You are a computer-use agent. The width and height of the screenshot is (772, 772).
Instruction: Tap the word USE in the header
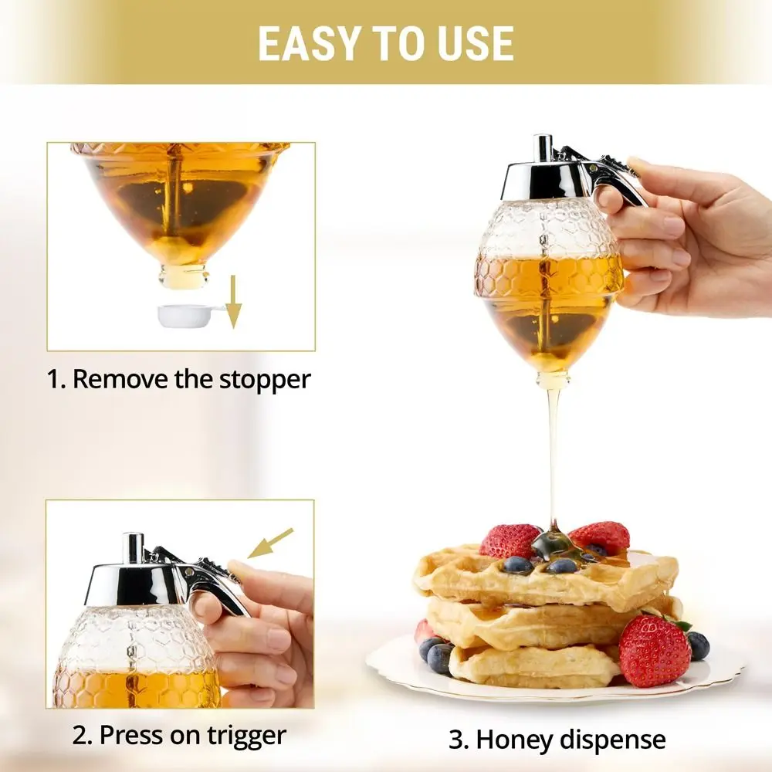point(475,43)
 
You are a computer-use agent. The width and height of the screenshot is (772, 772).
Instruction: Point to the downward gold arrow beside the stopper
point(233,301)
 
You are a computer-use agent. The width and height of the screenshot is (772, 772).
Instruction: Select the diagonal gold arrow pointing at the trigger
point(270,543)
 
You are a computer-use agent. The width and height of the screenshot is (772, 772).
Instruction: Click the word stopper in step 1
point(265,380)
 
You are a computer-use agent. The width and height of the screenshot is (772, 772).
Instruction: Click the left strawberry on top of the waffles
point(510,540)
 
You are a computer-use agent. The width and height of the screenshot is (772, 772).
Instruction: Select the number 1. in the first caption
point(56,380)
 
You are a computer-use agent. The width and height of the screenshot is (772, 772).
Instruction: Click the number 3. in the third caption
point(459,740)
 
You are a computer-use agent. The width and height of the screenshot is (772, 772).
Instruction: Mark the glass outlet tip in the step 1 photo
point(183,276)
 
